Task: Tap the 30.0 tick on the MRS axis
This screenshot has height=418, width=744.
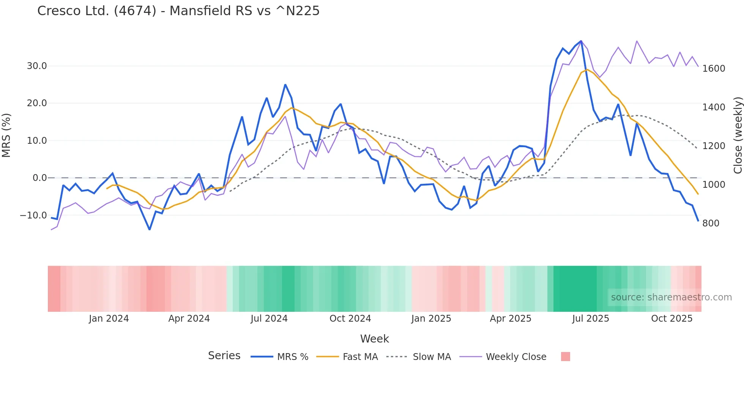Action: point(37,66)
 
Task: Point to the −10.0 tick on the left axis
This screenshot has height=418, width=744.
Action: point(33,215)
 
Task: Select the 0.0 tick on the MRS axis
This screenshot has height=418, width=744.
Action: point(40,178)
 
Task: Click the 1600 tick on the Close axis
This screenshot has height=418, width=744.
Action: point(714,69)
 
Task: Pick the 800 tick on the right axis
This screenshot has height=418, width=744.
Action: point(711,223)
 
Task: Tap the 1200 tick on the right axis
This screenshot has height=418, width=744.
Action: point(714,146)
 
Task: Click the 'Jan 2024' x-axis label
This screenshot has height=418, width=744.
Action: point(109,319)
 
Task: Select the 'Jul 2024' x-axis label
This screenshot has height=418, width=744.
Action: point(269,319)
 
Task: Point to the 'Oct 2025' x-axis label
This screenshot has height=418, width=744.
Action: point(672,319)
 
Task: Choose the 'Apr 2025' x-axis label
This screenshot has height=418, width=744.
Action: point(511,319)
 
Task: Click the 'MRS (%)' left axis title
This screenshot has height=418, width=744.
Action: point(6,135)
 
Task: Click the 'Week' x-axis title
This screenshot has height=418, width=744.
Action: point(374,339)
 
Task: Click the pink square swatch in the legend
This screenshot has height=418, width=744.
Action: point(566,357)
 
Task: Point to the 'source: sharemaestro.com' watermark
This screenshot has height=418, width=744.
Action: point(671,297)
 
